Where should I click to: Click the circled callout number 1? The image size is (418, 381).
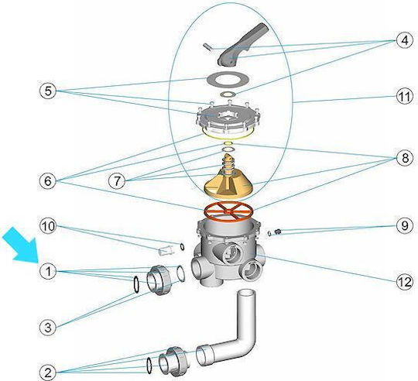tap(48, 271)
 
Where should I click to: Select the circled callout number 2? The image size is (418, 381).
tap(48, 372)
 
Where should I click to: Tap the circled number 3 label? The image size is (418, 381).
tap(48, 327)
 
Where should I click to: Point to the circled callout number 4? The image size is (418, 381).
tap(405, 41)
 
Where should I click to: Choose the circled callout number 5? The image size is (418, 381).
tap(48, 91)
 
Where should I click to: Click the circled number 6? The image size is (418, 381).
tap(48, 181)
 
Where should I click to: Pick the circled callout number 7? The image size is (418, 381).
tap(117, 181)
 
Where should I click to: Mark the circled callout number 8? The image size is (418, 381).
tap(405, 159)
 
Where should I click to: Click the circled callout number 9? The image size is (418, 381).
tap(405, 226)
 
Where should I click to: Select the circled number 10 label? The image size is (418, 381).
tap(48, 226)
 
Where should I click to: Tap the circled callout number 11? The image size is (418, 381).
tap(405, 96)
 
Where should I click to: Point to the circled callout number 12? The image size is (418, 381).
tap(405, 282)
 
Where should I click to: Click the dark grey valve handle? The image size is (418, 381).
tap(242, 44)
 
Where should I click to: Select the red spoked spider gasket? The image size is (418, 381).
tap(228, 210)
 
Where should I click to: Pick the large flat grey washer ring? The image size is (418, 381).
tap(228, 78)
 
